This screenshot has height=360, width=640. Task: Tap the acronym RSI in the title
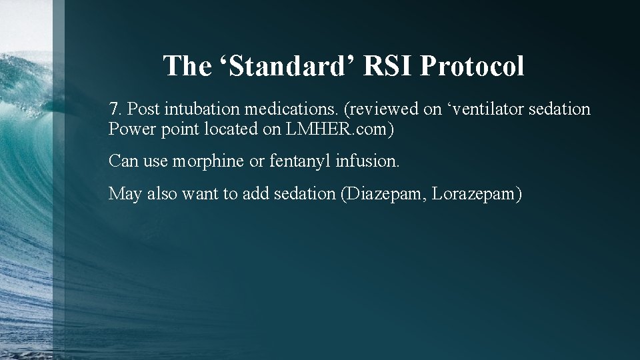383,66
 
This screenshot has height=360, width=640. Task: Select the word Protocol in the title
473,66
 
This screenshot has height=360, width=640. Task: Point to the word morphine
210,161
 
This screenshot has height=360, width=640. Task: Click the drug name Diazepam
385,194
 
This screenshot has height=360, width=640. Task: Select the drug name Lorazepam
477,194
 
